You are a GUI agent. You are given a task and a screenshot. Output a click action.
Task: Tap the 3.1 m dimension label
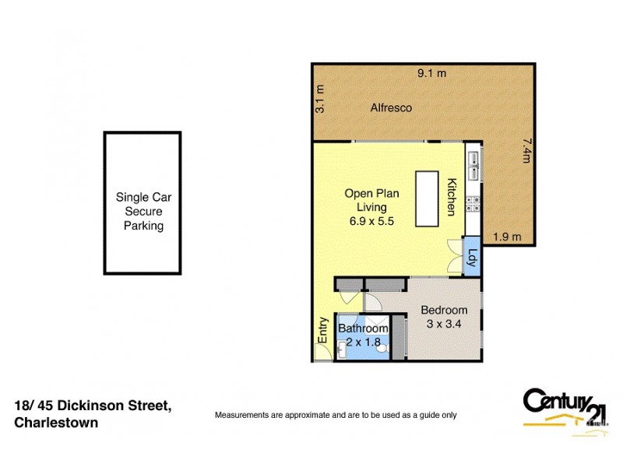pyautogui.click(x=319, y=100)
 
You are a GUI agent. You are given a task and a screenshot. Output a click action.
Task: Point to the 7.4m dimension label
pyautogui.click(x=527, y=150)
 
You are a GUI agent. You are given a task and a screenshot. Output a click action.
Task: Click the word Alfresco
pyautogui.click(x=391, y=107)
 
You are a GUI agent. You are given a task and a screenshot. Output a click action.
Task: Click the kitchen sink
pyautogui.click(x=473, y=166)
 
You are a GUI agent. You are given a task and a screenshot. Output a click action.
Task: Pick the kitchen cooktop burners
pyautogui.click(x=473, y=205)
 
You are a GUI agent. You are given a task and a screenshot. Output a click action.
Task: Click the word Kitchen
pyautogui.click(x=451, y=198)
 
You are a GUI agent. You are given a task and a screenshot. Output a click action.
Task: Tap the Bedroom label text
pyautogui.click(x=444, y=310)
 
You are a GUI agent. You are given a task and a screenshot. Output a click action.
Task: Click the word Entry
pyautogui.click(x=322, y=329)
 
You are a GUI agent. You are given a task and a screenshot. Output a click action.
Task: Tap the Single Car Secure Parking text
pyautogui.click(x=143, y=212)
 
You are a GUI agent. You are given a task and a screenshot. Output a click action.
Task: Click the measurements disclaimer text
pyautogui.click(x=336, y=415)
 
